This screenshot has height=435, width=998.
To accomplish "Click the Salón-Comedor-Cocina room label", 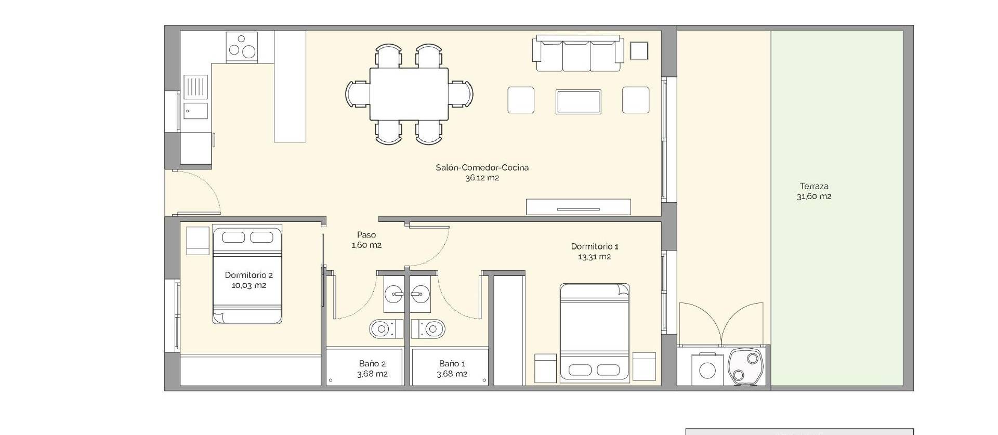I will tap(482, 167).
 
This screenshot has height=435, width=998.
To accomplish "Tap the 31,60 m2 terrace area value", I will tap(813, 196).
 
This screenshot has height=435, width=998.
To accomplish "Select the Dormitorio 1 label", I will tap(594, 246).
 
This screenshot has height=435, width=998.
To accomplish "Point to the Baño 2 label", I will tap(372, 364).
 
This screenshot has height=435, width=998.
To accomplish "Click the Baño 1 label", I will tap(452, 364).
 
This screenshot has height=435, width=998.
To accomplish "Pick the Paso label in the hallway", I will tap(366, 235).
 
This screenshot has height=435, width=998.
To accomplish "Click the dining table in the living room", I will tap(409, 94).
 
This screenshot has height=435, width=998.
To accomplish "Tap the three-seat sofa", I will tap(577, 54).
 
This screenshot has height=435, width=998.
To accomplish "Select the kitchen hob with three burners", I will tap(243, 46).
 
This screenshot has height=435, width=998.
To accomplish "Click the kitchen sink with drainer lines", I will tap(195, 87).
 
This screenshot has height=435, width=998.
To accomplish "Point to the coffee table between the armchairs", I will tap(578, 101).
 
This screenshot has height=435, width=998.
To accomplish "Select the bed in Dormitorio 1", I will tap(595, 333).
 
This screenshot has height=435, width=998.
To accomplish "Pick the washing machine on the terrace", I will tap(707, 369).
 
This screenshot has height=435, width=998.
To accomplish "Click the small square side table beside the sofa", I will tap(639, 51).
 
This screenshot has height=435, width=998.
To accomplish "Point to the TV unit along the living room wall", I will tap(578, 207).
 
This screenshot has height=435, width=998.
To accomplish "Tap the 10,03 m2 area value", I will tap(248, 285).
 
